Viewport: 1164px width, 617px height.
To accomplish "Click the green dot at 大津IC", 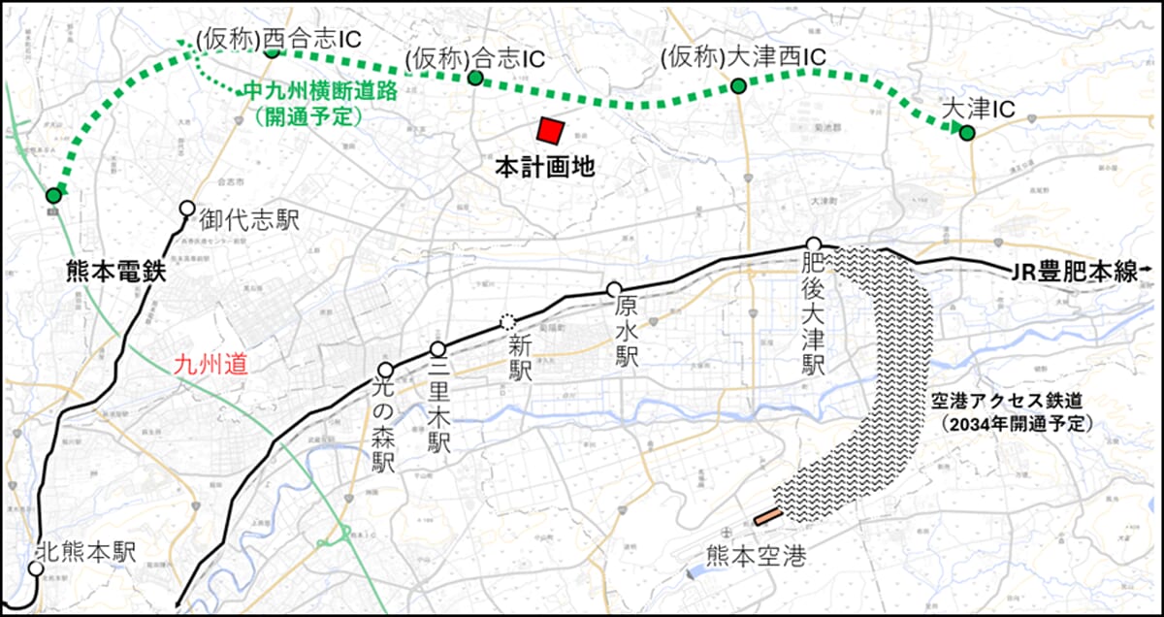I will tap(966, 133).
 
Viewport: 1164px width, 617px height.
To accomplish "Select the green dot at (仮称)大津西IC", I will tap(738, 87).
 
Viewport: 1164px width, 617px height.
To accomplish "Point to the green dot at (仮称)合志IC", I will tap(475, 78).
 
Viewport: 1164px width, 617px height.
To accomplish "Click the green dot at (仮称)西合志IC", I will tap(273, 50).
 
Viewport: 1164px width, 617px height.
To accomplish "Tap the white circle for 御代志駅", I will tap(187, 209).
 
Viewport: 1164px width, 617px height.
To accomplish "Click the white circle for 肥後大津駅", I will tap(814, 244).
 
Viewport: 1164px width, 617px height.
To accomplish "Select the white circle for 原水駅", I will tap(613, 289).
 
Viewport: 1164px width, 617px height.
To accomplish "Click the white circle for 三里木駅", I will tap(437, 349).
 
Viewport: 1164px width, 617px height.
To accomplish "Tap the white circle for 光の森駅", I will tap(386, 370).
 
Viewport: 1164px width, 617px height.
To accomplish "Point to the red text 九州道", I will tap(210, 367).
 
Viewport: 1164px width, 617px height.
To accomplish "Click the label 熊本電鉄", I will tap(113, 273).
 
